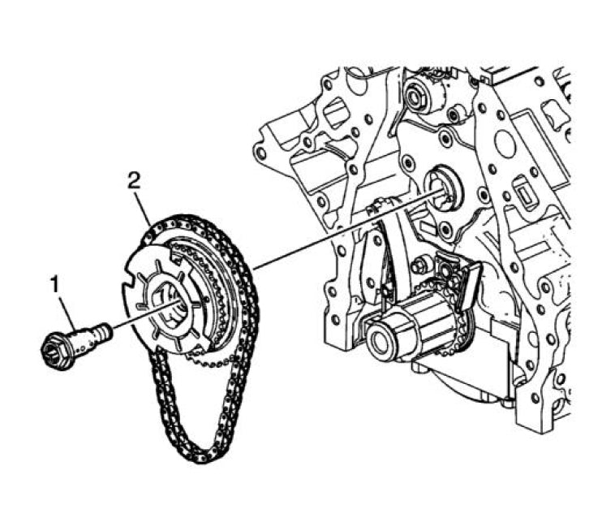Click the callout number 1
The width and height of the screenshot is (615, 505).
tap(54, 284)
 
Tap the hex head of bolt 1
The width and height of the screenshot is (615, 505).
tap(56, 352)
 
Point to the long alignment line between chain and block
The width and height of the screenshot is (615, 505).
tap(341, 231)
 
